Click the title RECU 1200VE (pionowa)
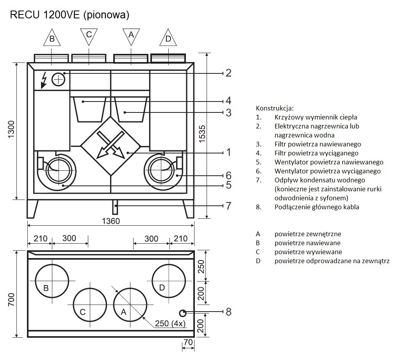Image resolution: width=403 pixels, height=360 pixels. (x=70, y=15)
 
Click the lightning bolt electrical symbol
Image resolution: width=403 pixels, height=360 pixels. (x=44, y=81)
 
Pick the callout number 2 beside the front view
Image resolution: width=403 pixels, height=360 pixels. (x=228, y=73)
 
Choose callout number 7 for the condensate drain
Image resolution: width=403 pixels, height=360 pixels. (x=228, y=206)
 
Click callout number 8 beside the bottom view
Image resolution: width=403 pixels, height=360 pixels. (x=228, y=312)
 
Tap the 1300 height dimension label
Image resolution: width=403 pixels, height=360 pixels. (x=11, y=131)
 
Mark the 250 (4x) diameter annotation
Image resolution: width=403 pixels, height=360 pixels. (x=170, y=324)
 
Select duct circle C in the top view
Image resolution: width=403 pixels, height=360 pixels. (x=90, y=305)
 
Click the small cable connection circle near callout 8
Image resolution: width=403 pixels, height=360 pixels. (x=182, y=312)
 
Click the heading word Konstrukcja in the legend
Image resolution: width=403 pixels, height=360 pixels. (x=275, y=108)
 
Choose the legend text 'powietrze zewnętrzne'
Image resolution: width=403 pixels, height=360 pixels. (x=308, y=234)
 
